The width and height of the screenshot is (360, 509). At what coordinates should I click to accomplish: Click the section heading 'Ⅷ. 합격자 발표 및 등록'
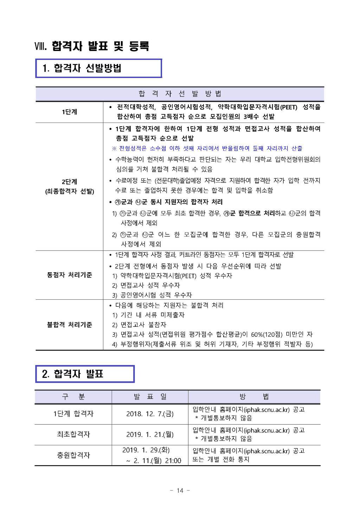click(92, 46)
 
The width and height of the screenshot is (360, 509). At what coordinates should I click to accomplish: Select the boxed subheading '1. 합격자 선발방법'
click(82, 68)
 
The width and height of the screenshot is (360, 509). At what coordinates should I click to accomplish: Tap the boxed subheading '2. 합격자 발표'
click(73, 374)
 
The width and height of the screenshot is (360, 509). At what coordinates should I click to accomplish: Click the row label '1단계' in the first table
click(69, 112)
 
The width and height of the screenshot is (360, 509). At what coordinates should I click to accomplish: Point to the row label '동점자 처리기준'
click(69, 275)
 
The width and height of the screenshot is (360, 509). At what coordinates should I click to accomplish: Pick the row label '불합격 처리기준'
click(69, 325)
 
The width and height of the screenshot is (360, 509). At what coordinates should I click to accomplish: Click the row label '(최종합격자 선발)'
click(69, 191)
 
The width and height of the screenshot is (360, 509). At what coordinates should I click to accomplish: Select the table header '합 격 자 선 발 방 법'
click(180, 94)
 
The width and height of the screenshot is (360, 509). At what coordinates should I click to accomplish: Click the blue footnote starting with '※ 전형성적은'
click(207, 148)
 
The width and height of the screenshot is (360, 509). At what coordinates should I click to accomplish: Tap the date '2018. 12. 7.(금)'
click(150, 414)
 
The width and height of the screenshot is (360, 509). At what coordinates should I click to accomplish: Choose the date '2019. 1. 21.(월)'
click(150, 434)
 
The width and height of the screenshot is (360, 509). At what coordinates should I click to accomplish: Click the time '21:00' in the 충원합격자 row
click(173, 461)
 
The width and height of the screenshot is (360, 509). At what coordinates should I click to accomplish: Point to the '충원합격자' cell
click(73, 455)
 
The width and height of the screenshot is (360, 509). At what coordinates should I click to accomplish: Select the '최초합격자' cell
click(73, 434)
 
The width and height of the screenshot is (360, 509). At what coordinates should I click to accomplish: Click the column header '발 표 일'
click(150, 397)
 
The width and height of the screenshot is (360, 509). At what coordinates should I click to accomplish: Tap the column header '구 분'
click(73, 397)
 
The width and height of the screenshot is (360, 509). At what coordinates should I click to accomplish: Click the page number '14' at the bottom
click(180, 491)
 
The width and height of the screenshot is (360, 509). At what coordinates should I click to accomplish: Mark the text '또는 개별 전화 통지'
click(220, 459)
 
